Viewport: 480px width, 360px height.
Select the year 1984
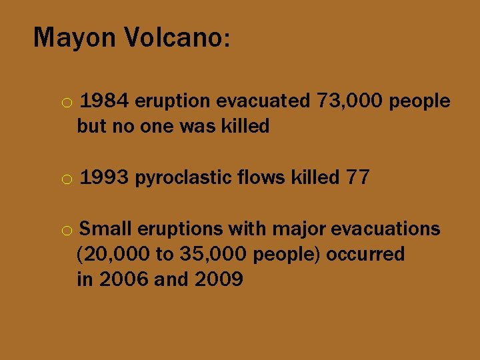pyautogui.click(x=106, y=101)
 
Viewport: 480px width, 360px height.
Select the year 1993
pyautogui.click(x=106, y=178)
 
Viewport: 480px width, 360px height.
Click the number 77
pyautogui.click(x=358, y=178)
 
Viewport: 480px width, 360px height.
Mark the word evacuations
pyautogui.click(x=385, y=229)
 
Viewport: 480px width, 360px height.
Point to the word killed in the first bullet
pyautogui.click(x=241, y=126)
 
